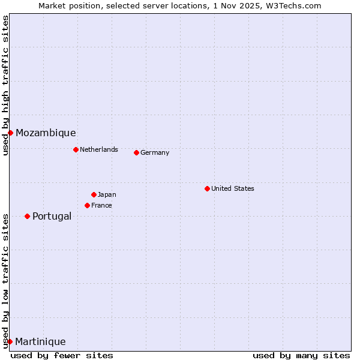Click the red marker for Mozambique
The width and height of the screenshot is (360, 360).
10,133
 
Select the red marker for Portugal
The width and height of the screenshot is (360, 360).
27,216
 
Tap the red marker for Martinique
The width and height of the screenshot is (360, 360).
10,341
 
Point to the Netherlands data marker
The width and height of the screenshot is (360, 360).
76,149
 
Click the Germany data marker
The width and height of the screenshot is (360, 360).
136,152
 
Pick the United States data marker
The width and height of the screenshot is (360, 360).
207,188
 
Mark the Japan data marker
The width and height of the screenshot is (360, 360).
94,194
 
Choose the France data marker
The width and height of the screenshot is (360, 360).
87,205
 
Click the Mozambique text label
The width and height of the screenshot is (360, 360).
46,133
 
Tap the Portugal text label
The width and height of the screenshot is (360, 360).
52,217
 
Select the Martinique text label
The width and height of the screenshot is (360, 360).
40,342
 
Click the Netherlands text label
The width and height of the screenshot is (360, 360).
99,149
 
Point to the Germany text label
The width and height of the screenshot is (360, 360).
155,152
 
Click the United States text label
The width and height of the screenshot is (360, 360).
233,188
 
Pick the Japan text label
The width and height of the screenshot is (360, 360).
107,194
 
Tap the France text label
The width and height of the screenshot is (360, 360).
101,205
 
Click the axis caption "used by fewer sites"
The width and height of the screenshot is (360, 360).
62,355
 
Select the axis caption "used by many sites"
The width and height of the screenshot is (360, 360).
301,355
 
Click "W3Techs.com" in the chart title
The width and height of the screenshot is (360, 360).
298,6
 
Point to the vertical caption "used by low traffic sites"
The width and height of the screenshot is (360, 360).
6,281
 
